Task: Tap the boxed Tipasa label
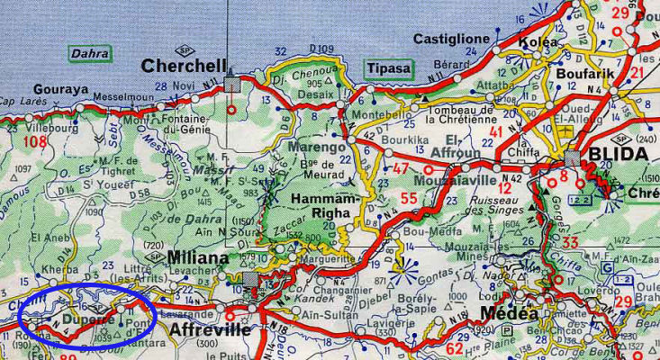[385, 68]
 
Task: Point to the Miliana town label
[198, 258]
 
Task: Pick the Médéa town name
[510, 314]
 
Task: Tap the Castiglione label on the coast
[451, 39]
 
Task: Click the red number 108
[35, 142]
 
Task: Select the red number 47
[402, 167]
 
